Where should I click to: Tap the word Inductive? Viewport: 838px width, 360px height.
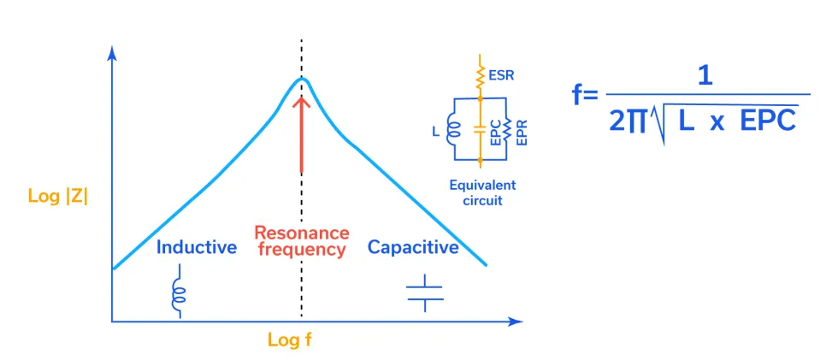coord(196,248)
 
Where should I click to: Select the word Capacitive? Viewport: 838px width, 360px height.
coord(413,248)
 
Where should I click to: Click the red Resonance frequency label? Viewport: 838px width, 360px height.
coord(301,242)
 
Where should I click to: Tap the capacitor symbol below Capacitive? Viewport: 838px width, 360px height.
coord(425,292)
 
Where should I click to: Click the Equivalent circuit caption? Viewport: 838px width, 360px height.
coord(484,193)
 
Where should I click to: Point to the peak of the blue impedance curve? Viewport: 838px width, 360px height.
coord(301,80)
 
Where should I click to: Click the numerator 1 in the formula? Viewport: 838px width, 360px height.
coord(705,77)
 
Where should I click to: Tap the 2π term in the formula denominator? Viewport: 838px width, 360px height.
coord(628,121)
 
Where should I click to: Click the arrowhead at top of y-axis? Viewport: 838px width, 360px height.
coord(111,51)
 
